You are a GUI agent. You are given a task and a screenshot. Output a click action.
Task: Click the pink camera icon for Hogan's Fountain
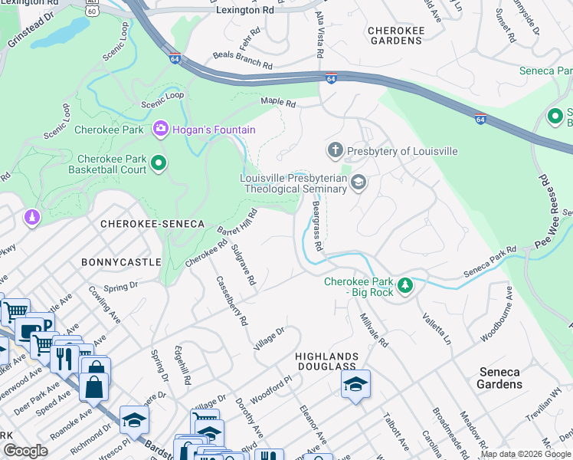[161, 130]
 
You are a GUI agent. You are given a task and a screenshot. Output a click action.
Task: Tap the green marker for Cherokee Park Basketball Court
[159, 163]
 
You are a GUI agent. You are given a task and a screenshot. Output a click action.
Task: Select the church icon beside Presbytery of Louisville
[335, 150]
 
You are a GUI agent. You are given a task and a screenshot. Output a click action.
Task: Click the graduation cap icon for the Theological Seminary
[359, 182]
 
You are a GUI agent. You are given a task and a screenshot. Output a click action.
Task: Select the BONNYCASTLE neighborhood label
[118, 261]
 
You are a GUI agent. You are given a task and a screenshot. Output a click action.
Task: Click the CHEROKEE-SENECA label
[152, 223]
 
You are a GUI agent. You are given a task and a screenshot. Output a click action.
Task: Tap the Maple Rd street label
[278, 101]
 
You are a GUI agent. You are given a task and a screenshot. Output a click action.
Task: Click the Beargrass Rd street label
[317, 223]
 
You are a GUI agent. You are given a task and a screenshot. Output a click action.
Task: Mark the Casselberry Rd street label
[232, 301]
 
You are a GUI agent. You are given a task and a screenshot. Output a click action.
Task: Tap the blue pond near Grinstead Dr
[60, 32]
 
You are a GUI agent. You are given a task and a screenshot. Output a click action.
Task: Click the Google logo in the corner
[25, 451]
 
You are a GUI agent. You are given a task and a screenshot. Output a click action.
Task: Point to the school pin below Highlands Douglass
[355, 384]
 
